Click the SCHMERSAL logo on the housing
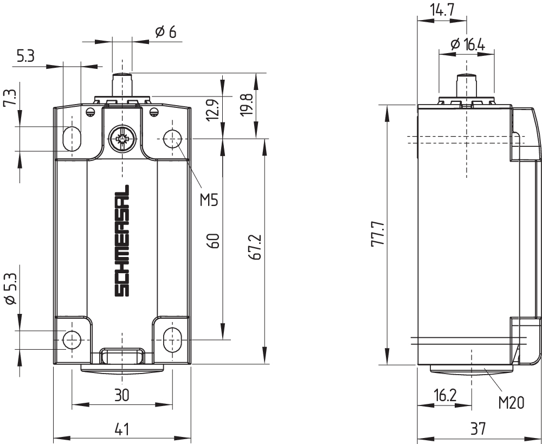point(121,241)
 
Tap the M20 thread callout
point(511,402)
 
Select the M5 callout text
point(209,200)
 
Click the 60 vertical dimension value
point(214,241)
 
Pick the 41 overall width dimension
point(121,429)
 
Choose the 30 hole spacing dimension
point(121,395)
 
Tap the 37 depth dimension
point(478,429)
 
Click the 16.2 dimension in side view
point(445,395)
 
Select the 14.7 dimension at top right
point(442,10)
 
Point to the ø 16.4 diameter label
point(468,44)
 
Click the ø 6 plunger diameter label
point(165,32)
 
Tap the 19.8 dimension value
point(248,105)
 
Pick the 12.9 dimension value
point(212,110)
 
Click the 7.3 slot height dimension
point(10,98)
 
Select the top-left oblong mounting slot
point(72,139)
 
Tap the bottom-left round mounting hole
point(72,340)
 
